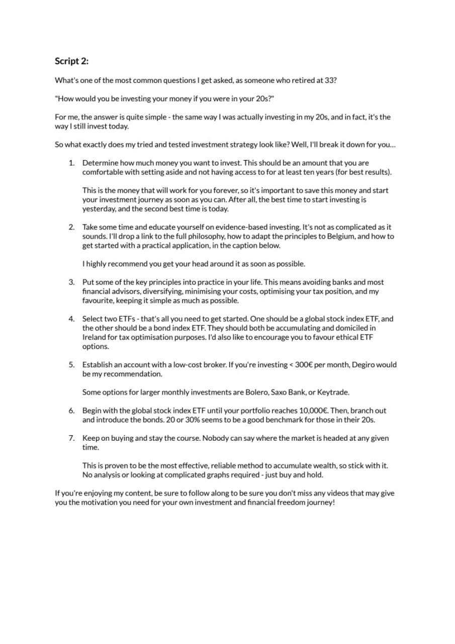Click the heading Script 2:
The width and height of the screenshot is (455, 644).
(72, 61)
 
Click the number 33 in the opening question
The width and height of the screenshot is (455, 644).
(330, 80)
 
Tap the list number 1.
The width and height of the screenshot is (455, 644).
(71, 163)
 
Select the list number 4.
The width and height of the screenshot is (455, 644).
(71, 319)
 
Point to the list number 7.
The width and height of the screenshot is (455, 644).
(71, 438)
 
